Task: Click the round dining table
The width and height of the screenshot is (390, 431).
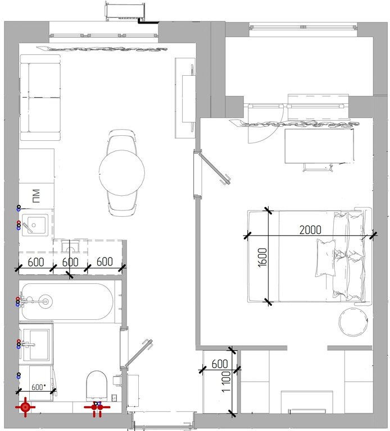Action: (x=121, y=173)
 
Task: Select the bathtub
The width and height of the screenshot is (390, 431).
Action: (x=67, y=301)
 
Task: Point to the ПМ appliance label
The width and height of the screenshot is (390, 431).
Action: (x=36, y=196)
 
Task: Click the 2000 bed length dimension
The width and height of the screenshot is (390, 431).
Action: (x=310, y=230)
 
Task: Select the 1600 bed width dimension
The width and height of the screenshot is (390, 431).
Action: (x=262, y=257)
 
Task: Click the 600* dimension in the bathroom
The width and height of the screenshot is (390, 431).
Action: (x=39, y=387)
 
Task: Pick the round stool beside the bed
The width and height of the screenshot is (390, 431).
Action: (x=353, y=322)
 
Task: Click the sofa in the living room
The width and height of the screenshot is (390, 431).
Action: (x=40, y=98)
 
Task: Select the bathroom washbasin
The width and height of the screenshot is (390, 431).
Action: (x=36, y=344)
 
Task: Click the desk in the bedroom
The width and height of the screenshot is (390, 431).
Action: (x=319, y=146)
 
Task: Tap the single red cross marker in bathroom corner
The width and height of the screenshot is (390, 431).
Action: (x=25, y=407)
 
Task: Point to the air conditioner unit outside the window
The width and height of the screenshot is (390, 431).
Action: (x=125, y=11)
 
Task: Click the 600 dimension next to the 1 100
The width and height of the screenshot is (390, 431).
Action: (x=220, y=364)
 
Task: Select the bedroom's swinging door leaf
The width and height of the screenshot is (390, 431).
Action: (x=215, y=168)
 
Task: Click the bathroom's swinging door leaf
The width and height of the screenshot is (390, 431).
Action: (x=139, y=354)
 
